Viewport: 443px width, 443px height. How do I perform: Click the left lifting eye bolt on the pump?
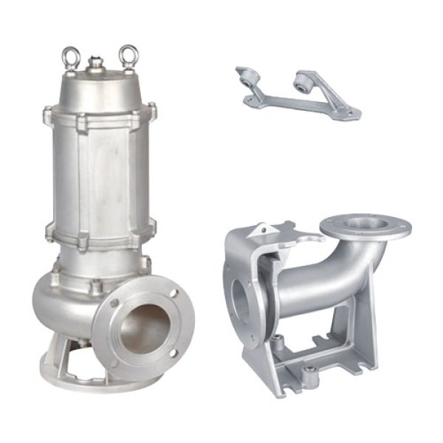click(72, 57)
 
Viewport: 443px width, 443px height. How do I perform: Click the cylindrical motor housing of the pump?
click(100, 174)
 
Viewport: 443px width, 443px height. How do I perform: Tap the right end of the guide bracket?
click(351, 114)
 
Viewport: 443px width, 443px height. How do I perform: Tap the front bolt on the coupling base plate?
click(311, 368)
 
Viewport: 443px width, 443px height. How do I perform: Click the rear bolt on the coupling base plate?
click(278, 341)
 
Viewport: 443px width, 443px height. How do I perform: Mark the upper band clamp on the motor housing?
click(100, 118)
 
